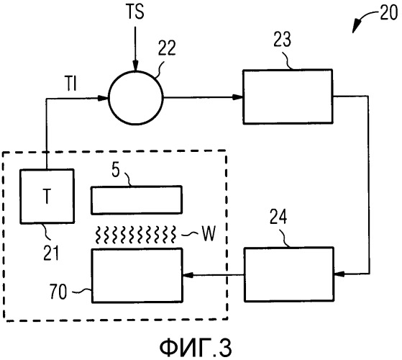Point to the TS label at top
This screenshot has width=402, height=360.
(136, 12)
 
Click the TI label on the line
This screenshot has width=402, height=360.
(71, 84)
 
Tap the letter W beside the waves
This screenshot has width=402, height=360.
(208, 233)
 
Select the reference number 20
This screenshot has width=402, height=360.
(388, 12)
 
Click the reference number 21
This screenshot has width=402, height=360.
(51, 253)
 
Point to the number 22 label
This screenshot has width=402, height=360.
(167, 48)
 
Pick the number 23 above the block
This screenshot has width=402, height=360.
(283, 40)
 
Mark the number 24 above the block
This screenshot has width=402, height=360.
(278, 217)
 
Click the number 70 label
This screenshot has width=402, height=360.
(58, 292)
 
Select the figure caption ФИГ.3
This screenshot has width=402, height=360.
(196, 348)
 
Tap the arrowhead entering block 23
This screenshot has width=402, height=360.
(237, 97)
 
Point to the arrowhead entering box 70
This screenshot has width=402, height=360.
(188, 275)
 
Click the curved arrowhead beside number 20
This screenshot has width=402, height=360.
(356, 26)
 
